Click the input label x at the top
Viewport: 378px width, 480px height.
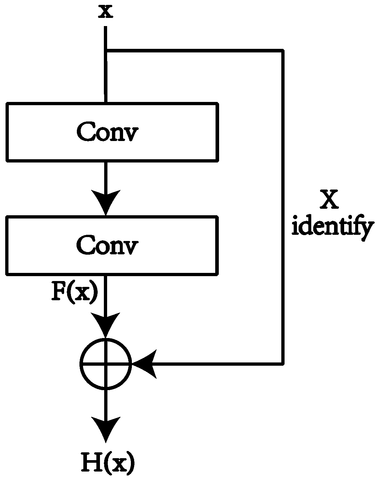pos(106,12)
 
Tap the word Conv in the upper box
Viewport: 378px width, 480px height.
pos(107,132)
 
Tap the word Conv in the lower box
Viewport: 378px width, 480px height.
pos(107,245)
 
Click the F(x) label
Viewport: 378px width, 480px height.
pos(75,293)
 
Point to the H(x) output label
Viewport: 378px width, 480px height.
pos(108,462)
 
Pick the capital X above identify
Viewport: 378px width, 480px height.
pos(329,199)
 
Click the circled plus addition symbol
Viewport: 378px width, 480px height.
pos(106,363)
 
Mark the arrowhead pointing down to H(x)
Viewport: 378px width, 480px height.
pos(106,429)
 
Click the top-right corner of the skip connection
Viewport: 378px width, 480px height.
pos(283,51)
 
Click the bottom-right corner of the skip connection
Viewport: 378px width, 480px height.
pos(283,363)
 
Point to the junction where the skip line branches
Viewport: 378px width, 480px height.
pos(106,51)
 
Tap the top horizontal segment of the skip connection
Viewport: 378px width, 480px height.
pos(195,51)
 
